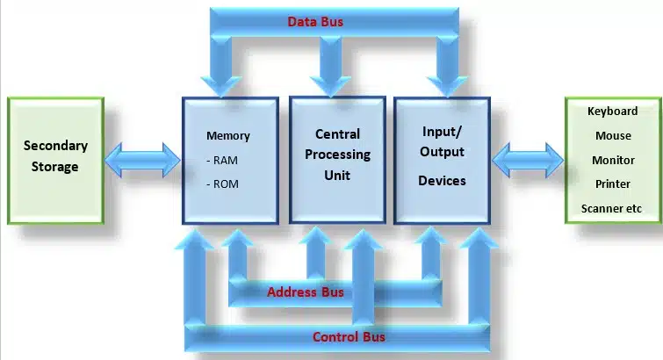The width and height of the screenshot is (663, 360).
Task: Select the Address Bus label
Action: click(306, 292)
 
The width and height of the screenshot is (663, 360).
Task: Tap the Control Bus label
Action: click(349, 336)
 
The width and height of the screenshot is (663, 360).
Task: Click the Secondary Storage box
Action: click(55, 160)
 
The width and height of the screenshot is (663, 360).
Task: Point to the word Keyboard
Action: click(611, 112)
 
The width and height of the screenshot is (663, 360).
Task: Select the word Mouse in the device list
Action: click(611, 136)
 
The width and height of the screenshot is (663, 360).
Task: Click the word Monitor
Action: click(611, 161)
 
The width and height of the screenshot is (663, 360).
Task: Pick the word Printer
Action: click(611, 184)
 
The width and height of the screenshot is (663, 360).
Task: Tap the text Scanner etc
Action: click(611, 209)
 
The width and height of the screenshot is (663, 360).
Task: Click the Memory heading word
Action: click(228, 136)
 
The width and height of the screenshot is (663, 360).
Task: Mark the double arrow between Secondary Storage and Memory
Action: click(143, 160)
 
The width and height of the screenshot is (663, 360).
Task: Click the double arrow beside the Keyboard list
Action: click(528, 160)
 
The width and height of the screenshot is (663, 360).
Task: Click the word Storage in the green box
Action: click(56, 167)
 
